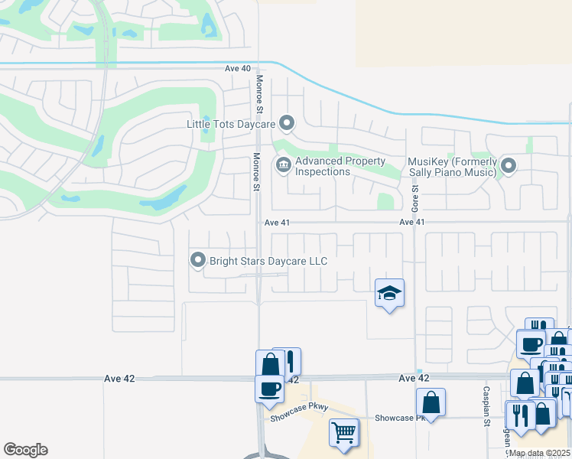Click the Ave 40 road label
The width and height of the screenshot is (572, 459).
click(x=238, y=68)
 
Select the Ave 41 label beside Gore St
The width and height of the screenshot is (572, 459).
click(x=411, y=222)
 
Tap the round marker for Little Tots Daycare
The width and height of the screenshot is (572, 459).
click(x=287, y=122)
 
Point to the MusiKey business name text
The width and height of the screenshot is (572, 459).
click(x=452, y=166)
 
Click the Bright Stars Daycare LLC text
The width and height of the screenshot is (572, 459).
click(x=268, y=262)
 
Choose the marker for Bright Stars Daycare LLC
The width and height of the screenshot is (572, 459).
click(x=198, y=261)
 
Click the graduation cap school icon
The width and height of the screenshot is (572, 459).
click(x=389, y=293)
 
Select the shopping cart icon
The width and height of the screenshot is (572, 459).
click(x=343, y=432)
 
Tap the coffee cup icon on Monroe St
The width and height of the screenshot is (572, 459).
click(x=268, y=388)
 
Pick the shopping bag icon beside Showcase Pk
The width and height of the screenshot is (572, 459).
click(x=431, y=402)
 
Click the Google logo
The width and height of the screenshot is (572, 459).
click(x=25, y=450)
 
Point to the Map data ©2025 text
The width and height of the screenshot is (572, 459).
click(x=539, y=453)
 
